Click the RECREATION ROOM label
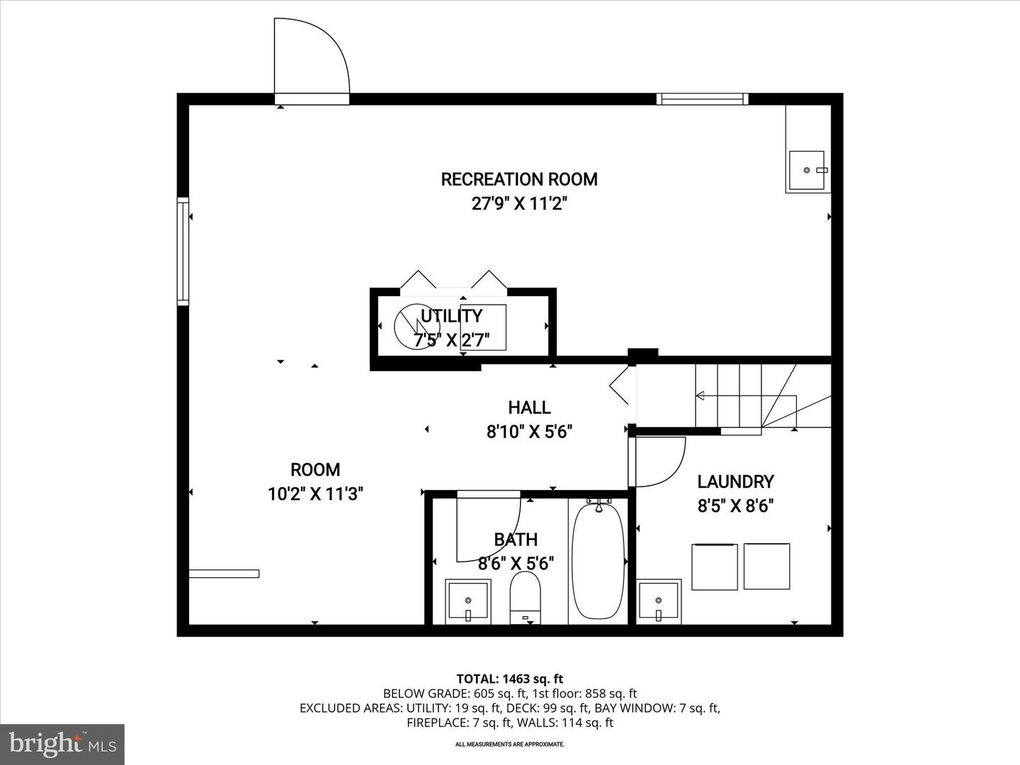click(519, 179)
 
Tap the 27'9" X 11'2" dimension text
click(520, 204)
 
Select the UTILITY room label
click(451, 316)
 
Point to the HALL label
click(529, 407)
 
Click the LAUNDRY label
click(735, 482)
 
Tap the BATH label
click(516, 539)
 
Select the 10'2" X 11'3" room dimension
click(315, 494)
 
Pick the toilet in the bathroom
click(525, 597)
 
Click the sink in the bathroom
click(467, 601)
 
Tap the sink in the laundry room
click(659, 601)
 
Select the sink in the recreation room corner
click(807, 171)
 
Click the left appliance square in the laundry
click(714, 567)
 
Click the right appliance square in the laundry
click(766, 566)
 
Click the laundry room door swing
click(659, 462)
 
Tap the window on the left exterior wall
click(183, 251)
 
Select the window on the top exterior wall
click(701, 99)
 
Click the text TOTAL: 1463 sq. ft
click(509, 679)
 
